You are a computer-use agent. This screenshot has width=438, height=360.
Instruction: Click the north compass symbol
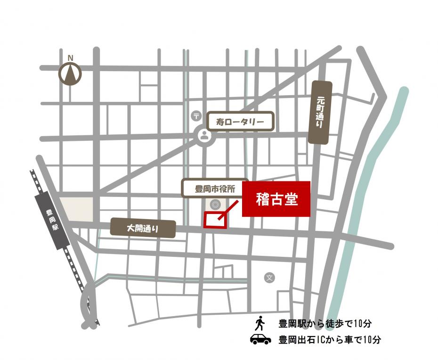pyautogui.click(x=70, y=74)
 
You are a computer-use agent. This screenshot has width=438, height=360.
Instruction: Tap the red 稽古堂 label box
pyautogui.click(x=276, y=199)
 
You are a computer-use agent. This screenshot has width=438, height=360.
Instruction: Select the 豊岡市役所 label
pyautogui.click(x=215, y=189)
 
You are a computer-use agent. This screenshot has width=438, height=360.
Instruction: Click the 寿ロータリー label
pyautogui.click(x=241, y=122)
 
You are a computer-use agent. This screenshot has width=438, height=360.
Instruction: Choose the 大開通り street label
pyautogui.click(x=143, y=229)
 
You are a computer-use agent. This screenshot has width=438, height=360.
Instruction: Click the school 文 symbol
pyautogui.click(x=269, y=278)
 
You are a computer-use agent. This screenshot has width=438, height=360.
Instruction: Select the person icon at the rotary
pyautogui.click(x=204, y=136)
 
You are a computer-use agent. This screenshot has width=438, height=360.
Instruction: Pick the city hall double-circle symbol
pyautogui.click(x=215, y=204)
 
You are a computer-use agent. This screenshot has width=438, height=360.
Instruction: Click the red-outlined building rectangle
pyautogui.click(x=215, y=221)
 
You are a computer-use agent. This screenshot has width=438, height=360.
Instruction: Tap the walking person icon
pyautogui.click(x=260, y=323)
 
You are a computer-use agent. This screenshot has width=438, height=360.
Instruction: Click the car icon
pyautogui.click(x=260, y=339)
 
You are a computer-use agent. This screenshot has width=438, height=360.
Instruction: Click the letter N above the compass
pyautogui.click(x=70, y=58)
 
